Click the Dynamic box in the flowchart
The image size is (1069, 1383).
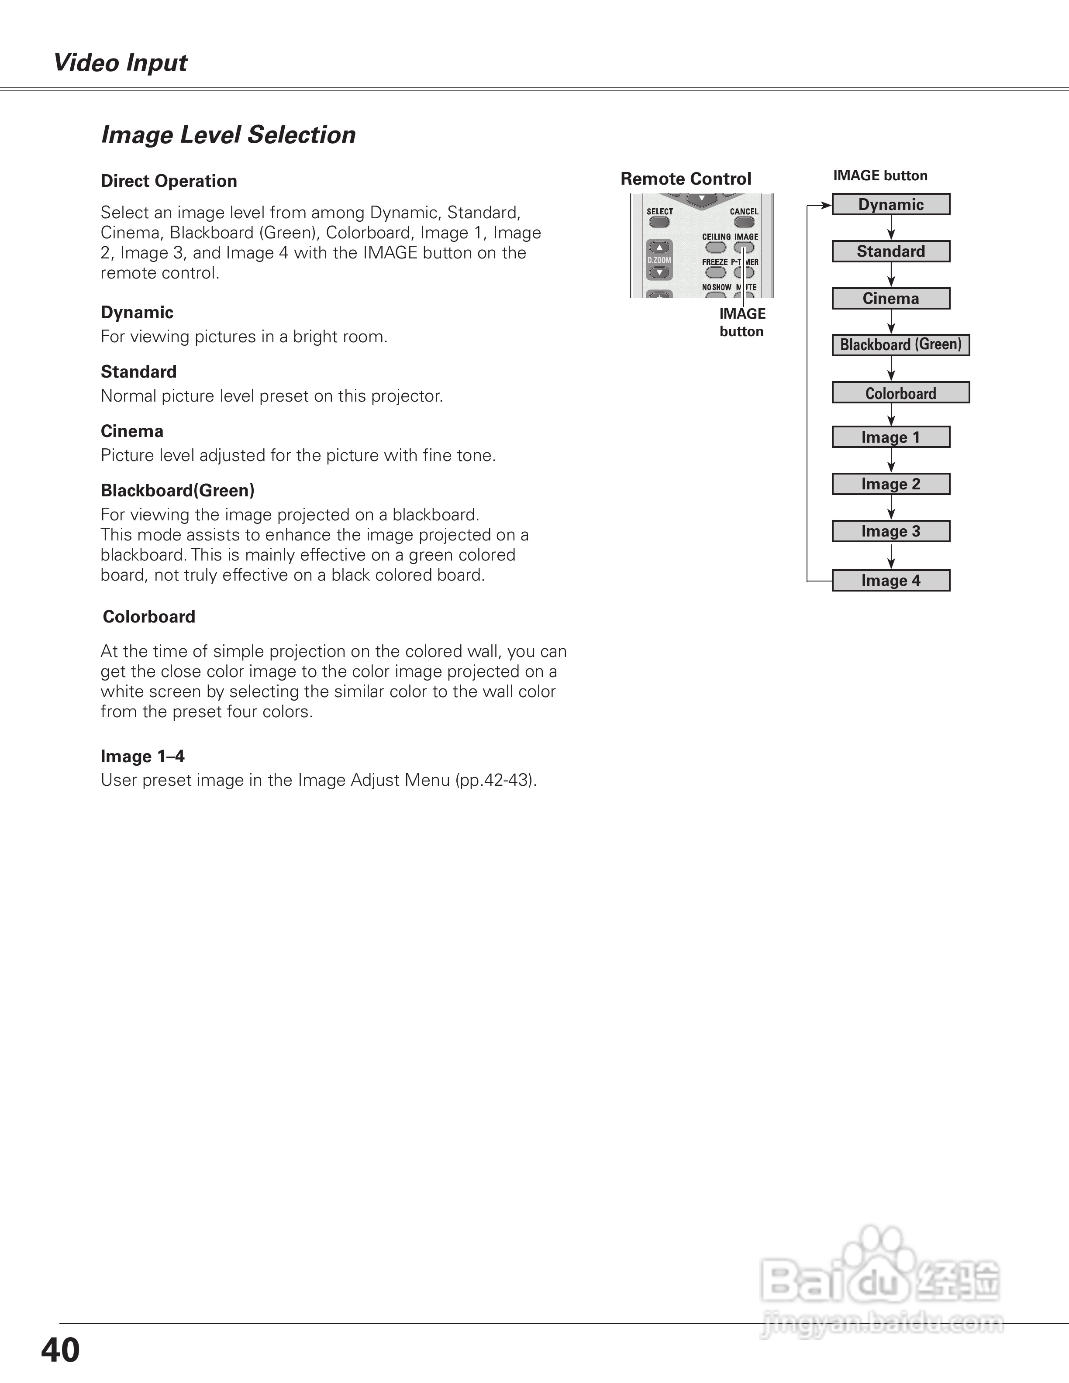tap(890, 205)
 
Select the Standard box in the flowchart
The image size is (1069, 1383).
tap(890, 251)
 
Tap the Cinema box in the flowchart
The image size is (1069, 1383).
tap(890, 298)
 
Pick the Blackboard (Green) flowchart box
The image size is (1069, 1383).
tap(900, 345)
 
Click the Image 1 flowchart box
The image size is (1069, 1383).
tap(890, 437)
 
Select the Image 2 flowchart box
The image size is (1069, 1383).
tap(890, 484)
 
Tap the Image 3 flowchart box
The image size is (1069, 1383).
tap(890, 531)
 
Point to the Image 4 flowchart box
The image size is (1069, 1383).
tap(890, 581)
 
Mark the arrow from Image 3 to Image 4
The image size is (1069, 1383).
tap(891, 555)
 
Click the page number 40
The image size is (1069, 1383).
tap(60, 1350)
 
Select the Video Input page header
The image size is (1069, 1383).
tap(121, 63)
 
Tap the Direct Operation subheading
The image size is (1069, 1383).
tap(169, 181)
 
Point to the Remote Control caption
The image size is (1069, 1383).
tap(685, 179)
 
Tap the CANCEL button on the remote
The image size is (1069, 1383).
tap(744, 222)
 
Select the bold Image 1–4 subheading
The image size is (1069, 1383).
tap(142, 756)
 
